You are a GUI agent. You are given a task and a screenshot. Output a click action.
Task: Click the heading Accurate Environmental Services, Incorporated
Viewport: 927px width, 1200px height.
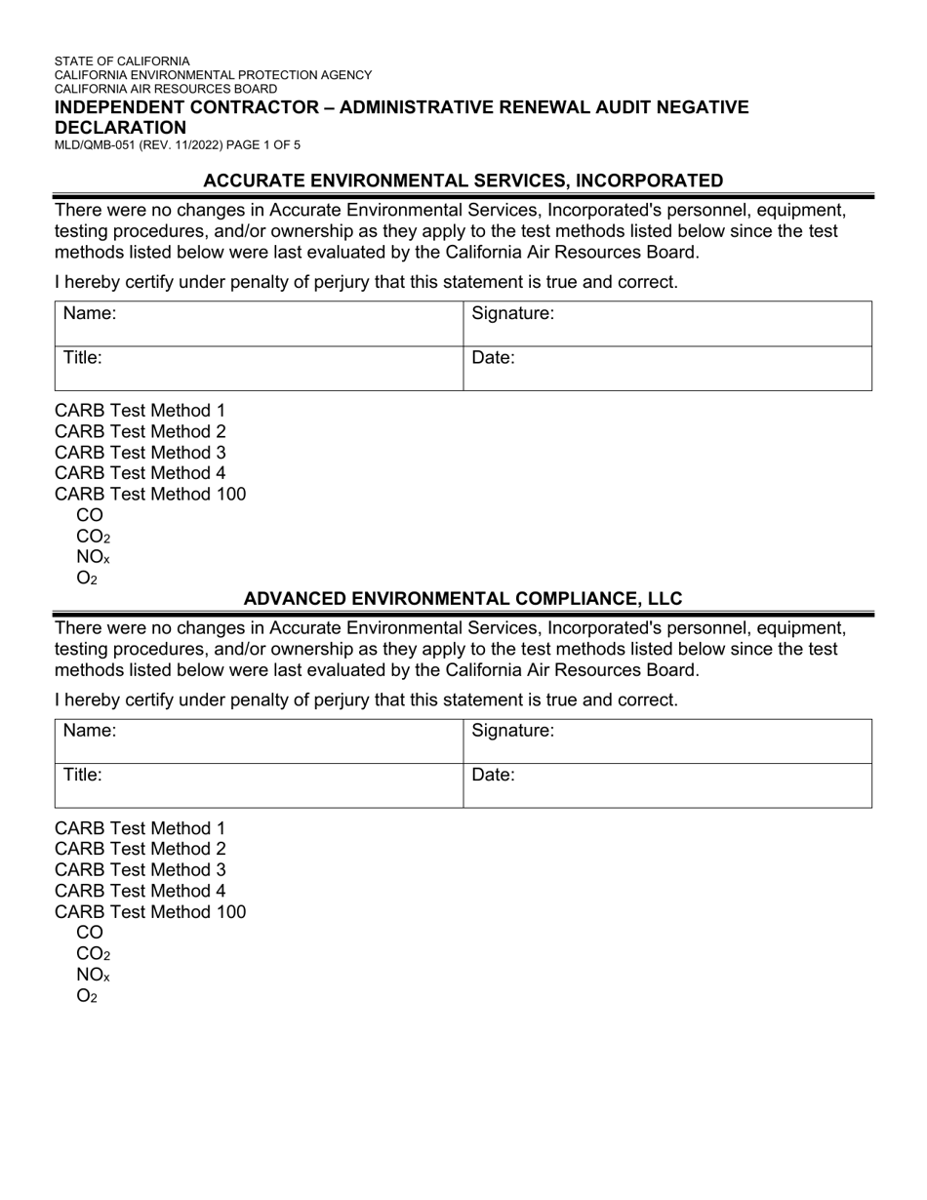[x=463, y=180]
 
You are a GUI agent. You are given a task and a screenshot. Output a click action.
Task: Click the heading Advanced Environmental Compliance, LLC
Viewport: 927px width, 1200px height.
[x=463, y=599]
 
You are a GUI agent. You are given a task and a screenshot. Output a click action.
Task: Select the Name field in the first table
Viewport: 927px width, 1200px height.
[x=259, y=323]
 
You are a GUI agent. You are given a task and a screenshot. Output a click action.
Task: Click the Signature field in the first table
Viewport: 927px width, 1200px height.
[x=667, y=323]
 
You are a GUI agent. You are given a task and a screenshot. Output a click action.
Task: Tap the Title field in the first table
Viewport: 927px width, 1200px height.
[x=259, y=368]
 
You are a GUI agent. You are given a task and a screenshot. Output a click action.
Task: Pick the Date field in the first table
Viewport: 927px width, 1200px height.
[x=667, y=368]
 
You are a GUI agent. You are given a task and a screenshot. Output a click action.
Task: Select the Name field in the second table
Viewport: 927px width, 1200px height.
[x=259, y=740]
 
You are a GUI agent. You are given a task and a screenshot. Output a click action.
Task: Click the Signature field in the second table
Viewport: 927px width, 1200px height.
[x=667, y=740]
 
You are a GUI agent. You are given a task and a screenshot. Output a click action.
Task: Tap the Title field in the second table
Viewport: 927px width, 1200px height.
[x=259, y=785]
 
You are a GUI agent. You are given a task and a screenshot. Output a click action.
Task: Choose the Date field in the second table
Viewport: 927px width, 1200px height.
[x=667, y=785]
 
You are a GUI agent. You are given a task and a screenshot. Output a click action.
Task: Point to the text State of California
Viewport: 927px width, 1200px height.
[x=122, y=61]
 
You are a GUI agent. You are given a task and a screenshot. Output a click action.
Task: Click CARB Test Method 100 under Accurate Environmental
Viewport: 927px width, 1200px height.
[x=150, y=495]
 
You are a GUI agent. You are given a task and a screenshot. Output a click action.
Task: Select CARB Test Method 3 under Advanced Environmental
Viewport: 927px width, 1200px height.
[x=140, y=870]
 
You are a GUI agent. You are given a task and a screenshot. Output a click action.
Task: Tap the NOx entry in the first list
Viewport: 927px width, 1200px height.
[x=93, y=558]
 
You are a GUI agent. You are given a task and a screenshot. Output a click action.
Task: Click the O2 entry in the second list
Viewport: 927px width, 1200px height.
[x=87, y=996]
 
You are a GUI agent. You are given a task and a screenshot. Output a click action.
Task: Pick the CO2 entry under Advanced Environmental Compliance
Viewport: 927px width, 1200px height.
[x=93, y=954]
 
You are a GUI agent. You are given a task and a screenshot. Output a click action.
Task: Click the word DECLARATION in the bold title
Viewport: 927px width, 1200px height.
[x=120, y=128]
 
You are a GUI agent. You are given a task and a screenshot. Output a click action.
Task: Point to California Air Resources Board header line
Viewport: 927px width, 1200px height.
[x=165, y=89]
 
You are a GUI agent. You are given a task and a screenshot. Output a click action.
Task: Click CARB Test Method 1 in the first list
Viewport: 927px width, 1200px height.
[x=140, y=411]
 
